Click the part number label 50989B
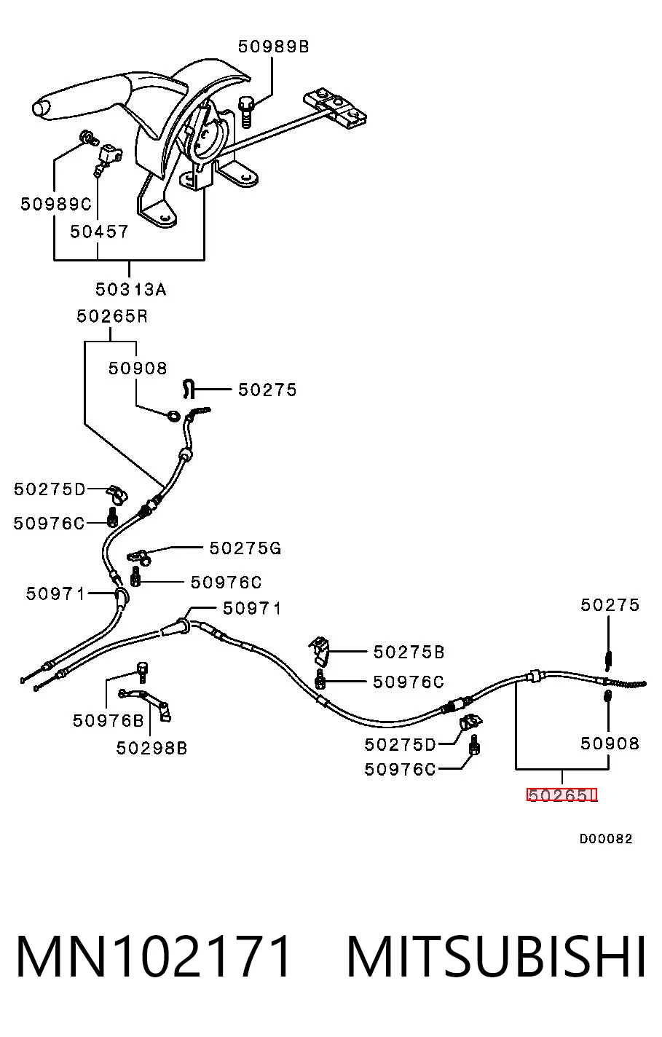click(x=273, y=47)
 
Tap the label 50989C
click(x=56, y=204)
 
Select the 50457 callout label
click(x=99, y=232)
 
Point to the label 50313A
click(x=130, y=289)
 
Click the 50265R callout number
click(x=112, y=317)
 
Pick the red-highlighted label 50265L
click(x=562, y=795)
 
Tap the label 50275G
click(x=245, y=548)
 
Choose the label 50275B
click(x=409, y=652)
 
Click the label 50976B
click(x=109, y=720)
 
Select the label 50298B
click(x=151, y=748)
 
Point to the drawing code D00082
click(x=605, y=839)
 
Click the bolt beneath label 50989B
click(x=245, y=111)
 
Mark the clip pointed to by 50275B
click(x=320, y=650)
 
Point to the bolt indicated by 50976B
click(x=142, y=672)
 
